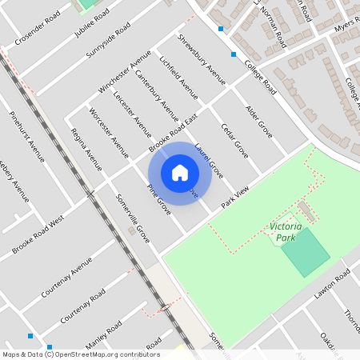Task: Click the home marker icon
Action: (x=180, y=173)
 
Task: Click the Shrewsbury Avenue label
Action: (x=202, y=54)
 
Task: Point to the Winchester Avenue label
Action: (x=125, y=71)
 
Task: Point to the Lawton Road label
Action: (x=332, y=284)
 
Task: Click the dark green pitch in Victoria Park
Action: (x=305, y=251)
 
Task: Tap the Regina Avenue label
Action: (x=86, y=149)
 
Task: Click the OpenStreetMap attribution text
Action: (x=80, y=354)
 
